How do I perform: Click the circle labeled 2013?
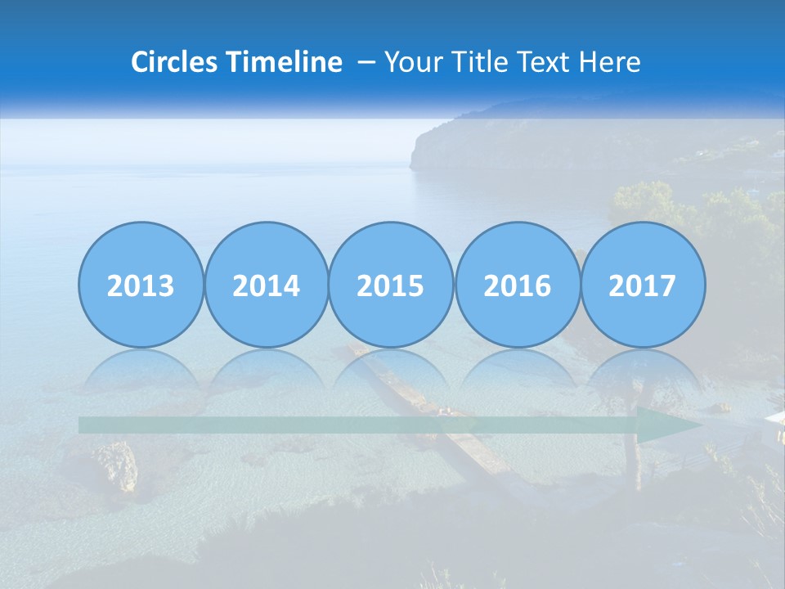(x=141, y=285)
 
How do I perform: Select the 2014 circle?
(x=266, y=285)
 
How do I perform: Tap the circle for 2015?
(x=391, y=285)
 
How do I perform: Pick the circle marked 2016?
(x=517, y=285)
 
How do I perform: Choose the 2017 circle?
(x=642, y=285)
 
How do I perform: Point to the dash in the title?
(x=366, y=62)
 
